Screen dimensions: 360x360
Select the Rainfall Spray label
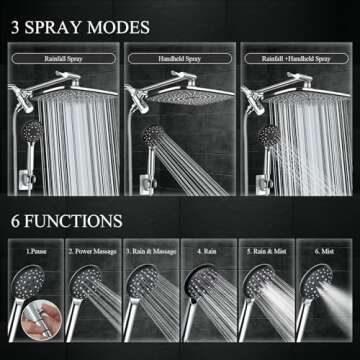click(x=63, y=57)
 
